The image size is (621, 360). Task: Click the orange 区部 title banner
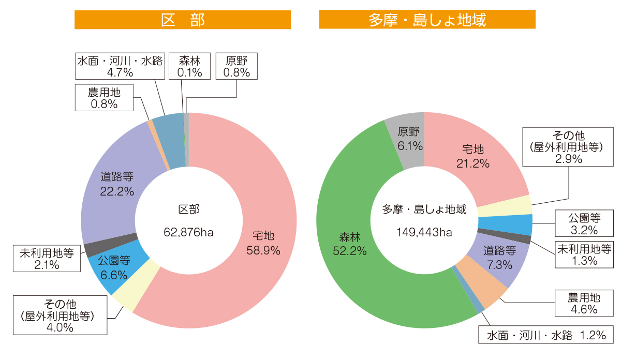182,20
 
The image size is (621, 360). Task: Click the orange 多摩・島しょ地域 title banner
427,20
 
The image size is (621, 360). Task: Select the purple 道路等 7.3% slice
499,257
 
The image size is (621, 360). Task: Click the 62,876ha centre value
189,232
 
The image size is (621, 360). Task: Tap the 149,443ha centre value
424,232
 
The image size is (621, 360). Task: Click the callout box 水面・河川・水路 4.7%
120,66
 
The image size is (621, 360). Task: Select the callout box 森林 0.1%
189,66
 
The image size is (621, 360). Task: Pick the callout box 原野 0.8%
236,66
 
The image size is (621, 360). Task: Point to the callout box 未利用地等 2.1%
47,259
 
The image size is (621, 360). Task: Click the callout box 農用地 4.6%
583,304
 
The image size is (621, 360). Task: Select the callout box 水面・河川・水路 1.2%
545,335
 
